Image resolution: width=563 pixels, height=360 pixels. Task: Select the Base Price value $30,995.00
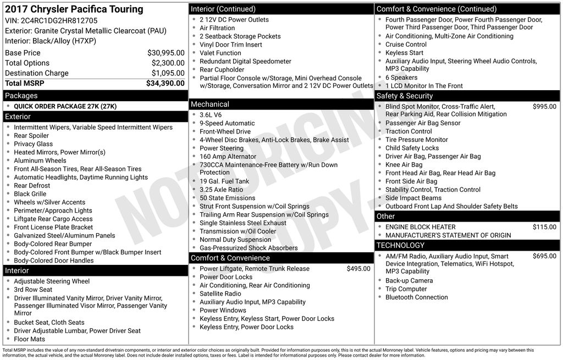[165, 53]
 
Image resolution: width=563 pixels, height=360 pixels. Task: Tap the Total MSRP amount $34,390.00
[165, 83]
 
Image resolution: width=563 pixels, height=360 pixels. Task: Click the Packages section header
[21, 96]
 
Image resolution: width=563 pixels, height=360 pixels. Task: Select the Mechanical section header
[210, 104]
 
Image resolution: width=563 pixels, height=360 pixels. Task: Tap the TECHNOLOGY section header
[400, 245]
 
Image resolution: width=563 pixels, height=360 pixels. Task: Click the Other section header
[385, 216]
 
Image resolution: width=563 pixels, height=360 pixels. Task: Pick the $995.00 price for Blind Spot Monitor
[544, 107]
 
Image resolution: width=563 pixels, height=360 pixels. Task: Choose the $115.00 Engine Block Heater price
[544, 227]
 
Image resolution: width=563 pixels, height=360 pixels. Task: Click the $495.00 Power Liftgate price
[358, 269]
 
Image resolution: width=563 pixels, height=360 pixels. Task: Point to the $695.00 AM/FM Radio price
[544, 256]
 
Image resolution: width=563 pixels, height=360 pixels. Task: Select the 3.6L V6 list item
[211, 115]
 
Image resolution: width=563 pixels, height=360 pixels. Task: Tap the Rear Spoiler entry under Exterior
[31, 136]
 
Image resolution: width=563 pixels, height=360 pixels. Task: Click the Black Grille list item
[30, 194]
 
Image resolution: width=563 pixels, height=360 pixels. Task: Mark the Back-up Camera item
[409, 281]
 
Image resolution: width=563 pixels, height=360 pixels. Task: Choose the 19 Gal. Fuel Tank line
[224, 181]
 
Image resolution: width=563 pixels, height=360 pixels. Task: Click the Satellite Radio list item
[220, 293]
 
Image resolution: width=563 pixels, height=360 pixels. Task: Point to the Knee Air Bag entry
[404, 165]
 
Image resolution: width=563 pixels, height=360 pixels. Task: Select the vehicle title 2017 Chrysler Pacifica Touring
[74, 9]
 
